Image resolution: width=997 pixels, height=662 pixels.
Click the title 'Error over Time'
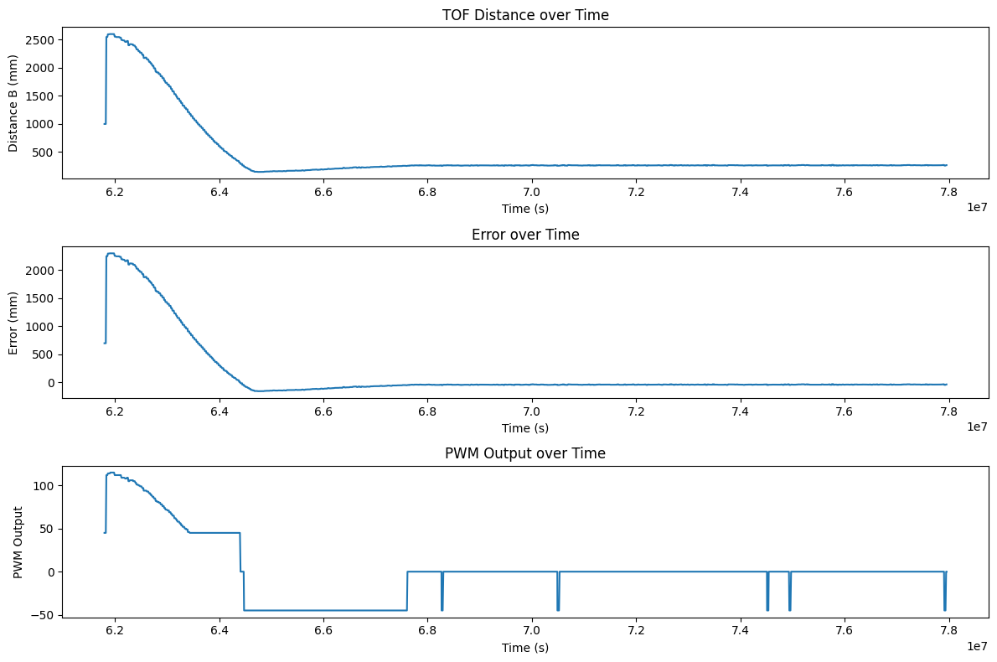(525, 235)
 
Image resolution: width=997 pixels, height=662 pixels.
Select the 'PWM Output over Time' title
(525, 453)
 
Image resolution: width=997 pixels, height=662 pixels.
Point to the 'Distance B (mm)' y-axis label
(14, 103)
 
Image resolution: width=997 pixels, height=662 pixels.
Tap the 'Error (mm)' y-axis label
(14, 323)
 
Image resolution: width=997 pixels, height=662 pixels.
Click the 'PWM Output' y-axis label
(18, 541)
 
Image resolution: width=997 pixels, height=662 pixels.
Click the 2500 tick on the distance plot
(41, 40)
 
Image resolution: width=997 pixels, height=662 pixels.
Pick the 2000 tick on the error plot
(41, 271)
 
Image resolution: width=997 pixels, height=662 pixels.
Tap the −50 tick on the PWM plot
(42, 615)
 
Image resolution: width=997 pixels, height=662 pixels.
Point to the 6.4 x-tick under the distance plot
(219, 192)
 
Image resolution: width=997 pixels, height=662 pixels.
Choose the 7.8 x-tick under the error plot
(948, 411)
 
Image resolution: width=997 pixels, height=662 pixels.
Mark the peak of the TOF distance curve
(110, 34)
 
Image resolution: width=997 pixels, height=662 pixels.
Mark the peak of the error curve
(110, 253)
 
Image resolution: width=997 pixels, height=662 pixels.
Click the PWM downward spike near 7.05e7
(558, 609)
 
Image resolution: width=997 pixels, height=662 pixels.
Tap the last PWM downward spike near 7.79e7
(944, 609)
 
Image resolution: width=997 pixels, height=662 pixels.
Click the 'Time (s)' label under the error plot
(525, 428)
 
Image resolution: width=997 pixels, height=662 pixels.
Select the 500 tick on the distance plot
(44, 153)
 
